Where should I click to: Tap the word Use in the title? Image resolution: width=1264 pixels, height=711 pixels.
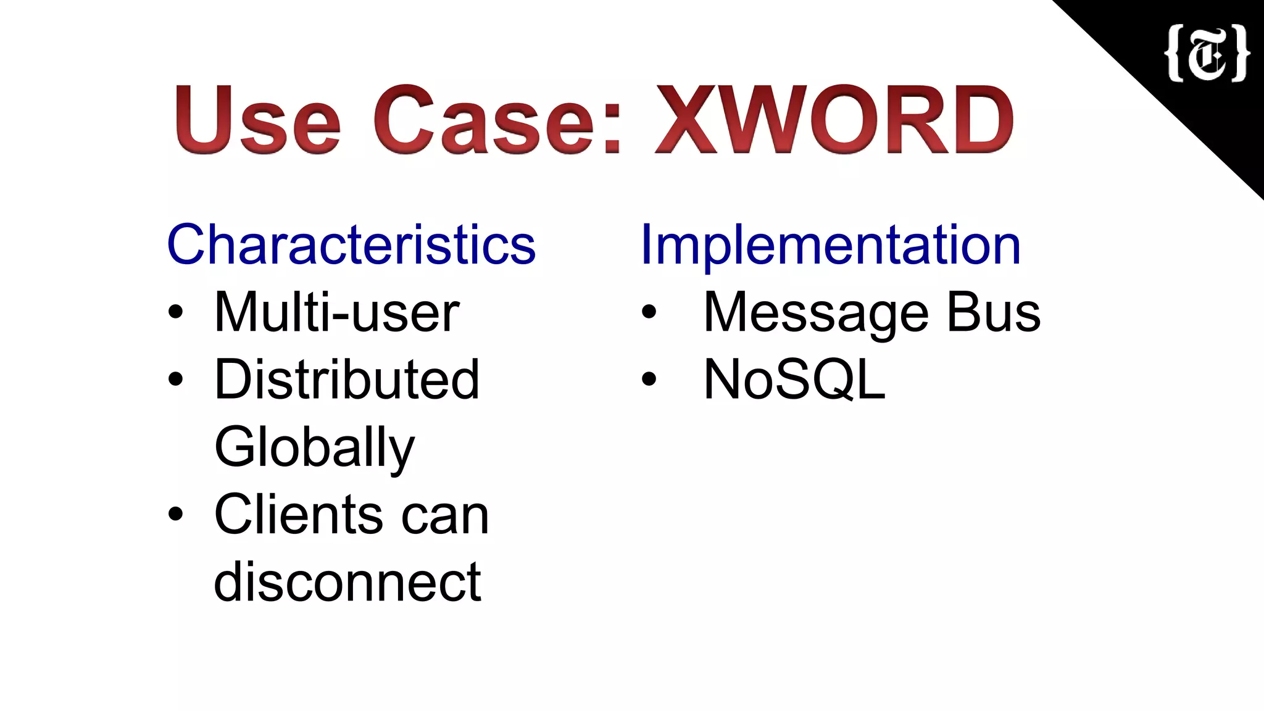[257, 120]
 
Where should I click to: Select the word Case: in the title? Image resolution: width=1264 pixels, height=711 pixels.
[497, 120]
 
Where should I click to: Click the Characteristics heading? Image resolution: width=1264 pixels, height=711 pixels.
[351, 245]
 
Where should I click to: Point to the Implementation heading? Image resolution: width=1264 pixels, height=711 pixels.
[831, 245]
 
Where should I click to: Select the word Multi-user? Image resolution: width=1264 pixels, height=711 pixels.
[336, 313]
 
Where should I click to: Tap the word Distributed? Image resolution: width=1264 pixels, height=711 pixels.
[346, 380]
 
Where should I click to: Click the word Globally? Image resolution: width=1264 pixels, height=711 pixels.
[314, 447]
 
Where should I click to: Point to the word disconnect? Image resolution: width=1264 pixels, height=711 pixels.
[347, 582]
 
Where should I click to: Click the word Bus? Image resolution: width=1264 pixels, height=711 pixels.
[993, 313]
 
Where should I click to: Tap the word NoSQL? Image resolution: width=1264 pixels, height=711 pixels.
[794, 380]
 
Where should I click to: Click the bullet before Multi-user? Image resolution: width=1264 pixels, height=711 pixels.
[176, 312]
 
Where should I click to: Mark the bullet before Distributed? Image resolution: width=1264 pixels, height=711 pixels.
[176, 380]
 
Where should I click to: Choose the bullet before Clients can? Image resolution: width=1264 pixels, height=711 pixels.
[176, 514]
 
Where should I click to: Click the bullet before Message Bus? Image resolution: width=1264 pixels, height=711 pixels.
[649, 312]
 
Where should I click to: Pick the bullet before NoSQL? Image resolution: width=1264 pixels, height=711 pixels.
[649, 380]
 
